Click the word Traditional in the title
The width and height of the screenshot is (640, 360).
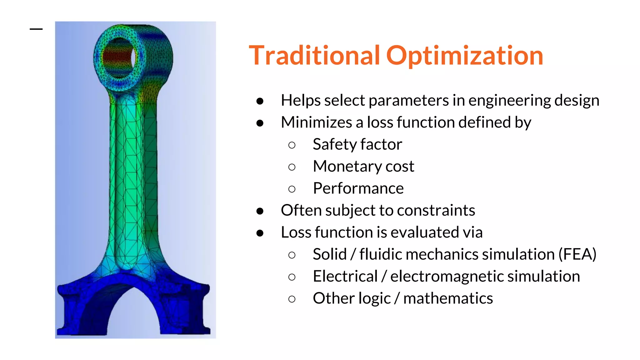click(x=314, y=56)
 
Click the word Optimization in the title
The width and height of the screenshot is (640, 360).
click(x=465, y=56)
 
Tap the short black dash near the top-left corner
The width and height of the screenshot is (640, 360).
click(x=36, y=29)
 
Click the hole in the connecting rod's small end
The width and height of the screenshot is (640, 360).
click(x=119, y=57)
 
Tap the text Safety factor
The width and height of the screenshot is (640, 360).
click(x=357, y=144)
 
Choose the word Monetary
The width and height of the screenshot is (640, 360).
click(x=347, y=167)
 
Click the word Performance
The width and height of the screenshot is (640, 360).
click(x=358, y=188)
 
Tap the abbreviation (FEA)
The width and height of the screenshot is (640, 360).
click(x=577, y=254)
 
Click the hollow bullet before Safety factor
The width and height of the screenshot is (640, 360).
click(x=292, y=145)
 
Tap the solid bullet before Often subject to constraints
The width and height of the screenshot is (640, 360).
click(x=260, y=211)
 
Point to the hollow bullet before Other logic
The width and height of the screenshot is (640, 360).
click(x=292, y=299)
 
